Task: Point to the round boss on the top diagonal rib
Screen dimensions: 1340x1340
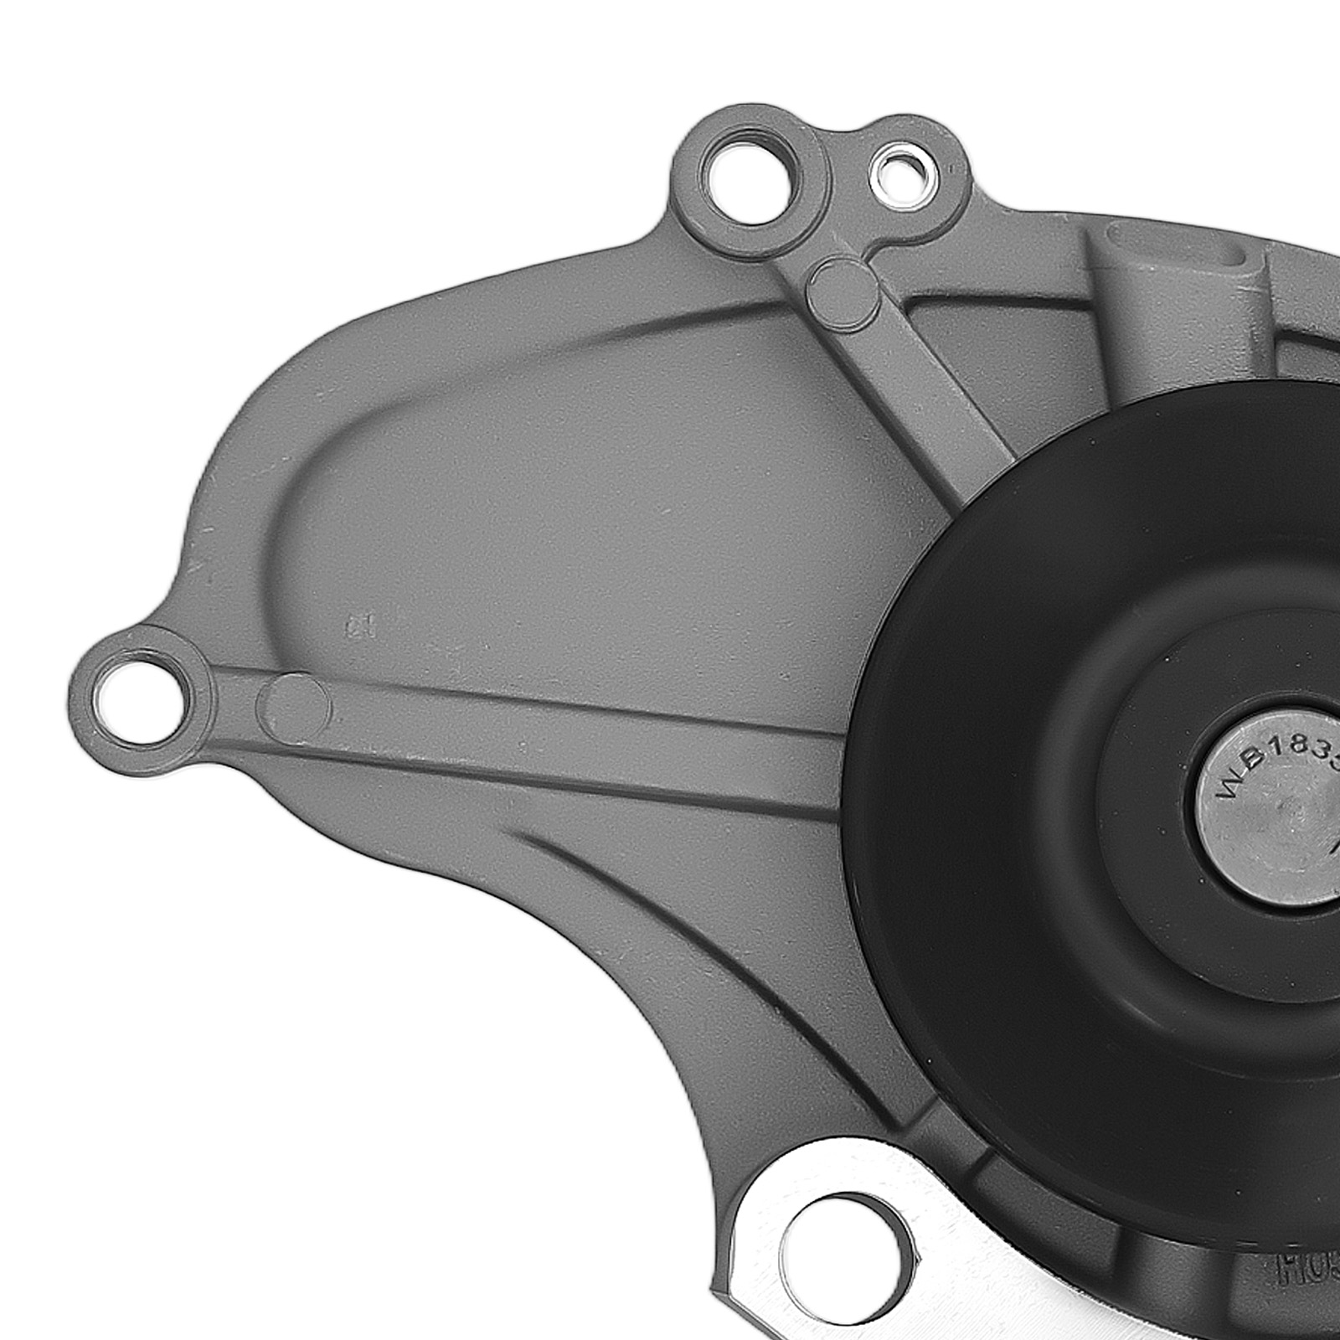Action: pyautogui.click(x=842, y=290)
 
